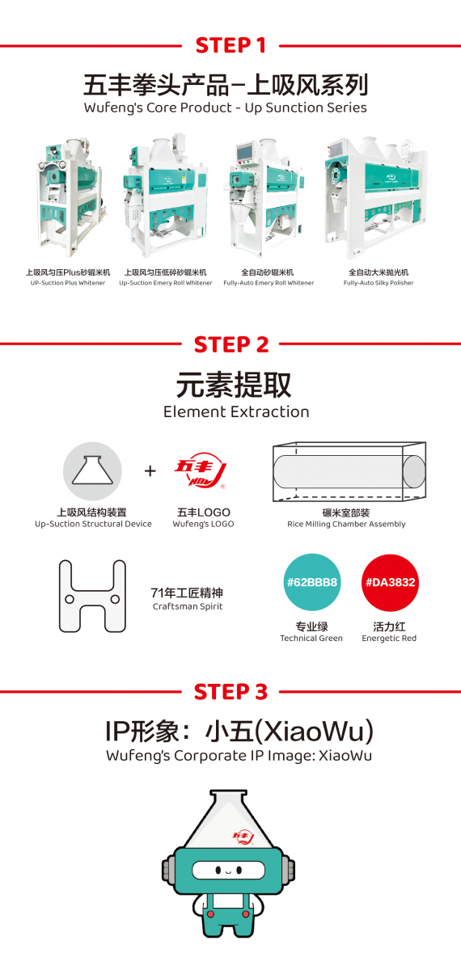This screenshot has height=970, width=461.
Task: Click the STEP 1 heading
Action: tap(230, 45)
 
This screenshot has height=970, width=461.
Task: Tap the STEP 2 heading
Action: tap(231, 344)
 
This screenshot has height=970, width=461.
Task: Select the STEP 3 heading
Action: tap(230, 692)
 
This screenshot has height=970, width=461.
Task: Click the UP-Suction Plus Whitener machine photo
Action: tap(70, 198)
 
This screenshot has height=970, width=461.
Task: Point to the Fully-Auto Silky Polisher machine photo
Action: tap(376, 197)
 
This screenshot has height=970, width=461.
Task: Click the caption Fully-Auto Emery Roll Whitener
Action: tap(269, 283)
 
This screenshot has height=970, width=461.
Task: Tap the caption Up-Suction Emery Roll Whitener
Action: tap(166, 283)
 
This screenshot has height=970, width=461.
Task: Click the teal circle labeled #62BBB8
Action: tap(312, 582)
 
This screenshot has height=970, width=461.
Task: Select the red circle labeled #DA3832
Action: tap(390, 583)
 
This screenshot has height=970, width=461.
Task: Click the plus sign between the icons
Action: tap(150, 470)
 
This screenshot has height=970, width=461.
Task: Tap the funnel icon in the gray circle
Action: tap(92, 470)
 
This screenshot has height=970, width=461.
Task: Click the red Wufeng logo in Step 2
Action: tap(201, 470)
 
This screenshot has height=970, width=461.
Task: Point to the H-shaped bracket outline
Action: tap(92, 596)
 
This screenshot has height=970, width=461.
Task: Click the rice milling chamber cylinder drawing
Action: tap(349, 471)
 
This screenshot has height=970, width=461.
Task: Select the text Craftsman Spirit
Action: tap(188, 606)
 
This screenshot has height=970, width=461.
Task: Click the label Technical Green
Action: tap(311, 638)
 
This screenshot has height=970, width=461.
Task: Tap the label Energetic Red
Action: tap(389, 639)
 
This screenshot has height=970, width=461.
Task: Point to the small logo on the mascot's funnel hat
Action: tap(243, 838)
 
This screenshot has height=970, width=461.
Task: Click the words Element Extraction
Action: tap(236, 411)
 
